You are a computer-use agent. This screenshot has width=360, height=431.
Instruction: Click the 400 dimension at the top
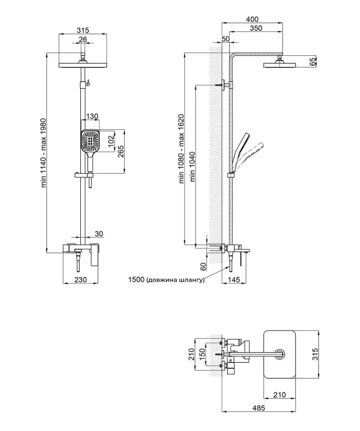252,19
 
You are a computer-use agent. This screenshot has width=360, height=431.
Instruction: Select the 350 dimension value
256,28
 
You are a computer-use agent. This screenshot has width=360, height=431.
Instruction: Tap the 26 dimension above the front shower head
83,39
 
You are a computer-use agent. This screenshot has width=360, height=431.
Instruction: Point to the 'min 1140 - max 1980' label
44,153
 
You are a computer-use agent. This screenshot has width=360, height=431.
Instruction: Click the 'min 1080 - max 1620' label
181,149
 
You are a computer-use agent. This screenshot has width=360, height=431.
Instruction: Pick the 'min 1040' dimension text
192,167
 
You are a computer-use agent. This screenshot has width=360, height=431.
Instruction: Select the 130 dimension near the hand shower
92,116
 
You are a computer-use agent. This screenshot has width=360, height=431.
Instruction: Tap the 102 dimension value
111,141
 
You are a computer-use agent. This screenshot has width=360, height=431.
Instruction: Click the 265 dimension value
121,151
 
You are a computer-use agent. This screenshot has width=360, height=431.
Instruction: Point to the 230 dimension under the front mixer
80,279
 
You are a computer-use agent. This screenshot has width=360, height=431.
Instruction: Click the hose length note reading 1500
166,280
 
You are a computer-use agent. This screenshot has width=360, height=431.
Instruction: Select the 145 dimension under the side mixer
234,279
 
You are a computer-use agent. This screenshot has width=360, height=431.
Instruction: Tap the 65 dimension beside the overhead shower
313,62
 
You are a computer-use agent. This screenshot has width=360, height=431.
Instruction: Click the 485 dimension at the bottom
259,408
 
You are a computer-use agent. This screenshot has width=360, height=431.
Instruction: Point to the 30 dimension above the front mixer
99,234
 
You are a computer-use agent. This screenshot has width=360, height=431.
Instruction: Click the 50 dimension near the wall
225,39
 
